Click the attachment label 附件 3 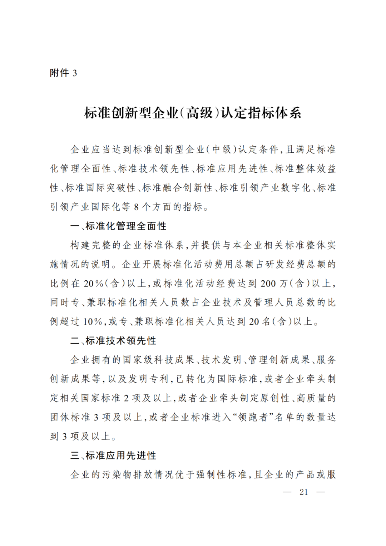pos(63,73)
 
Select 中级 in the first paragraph pos(222,149)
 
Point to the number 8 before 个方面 pos(137,207)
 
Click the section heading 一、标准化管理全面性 pos(118,226)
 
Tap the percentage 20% pos(93,284)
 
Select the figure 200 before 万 pos(268,284)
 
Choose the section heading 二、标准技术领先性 pos(113,341)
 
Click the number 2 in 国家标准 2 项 pos(126,398)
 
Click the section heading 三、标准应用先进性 pos(113,456)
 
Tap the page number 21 pos(304,492)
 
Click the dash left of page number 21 pos(287,492)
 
